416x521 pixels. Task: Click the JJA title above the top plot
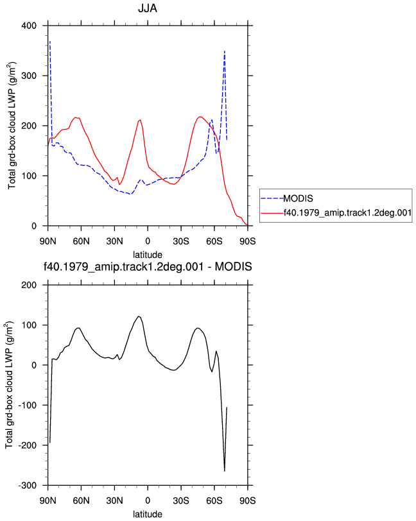pyautogui.click(x=147, y=8)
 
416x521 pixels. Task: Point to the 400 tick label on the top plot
pyautogui.click(x=29, y=26)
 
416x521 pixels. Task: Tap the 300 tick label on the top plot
pyautogui.click(x=29, y=76)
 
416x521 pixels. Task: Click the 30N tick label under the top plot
pyautogui.click(x=114, y=241)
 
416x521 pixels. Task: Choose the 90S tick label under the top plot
pyautogui.click(x=248, y=241)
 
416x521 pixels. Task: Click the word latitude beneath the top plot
pyautogui.click(x=148, y=255)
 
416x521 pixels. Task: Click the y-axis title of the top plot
pyautogui.click(x=12, y=125)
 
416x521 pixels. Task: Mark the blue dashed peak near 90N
pyautogui.click(x=50, y=42)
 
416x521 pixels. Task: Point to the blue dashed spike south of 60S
pyautogui.click(x=225, y=51)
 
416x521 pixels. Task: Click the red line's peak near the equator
pyautogui.click(x=141, y=119)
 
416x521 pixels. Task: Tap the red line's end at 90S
pyautogui.click(x=247, y=225)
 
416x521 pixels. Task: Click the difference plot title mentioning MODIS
pyautogui.click(x=148, y=266)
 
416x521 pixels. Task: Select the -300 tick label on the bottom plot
pyautogui.click(x=28, y=486)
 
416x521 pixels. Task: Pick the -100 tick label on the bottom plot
pyautogui.click(x=28, y=406)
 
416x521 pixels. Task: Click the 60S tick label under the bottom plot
pyautogui.click(x=214, y=500)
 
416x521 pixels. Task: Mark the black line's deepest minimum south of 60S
pyautogui.click(x=225, y=471)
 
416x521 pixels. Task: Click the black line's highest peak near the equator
pyautogui.click(x=139, y=316)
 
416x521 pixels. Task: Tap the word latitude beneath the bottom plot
pyautogui.click(x=148, y=514)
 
